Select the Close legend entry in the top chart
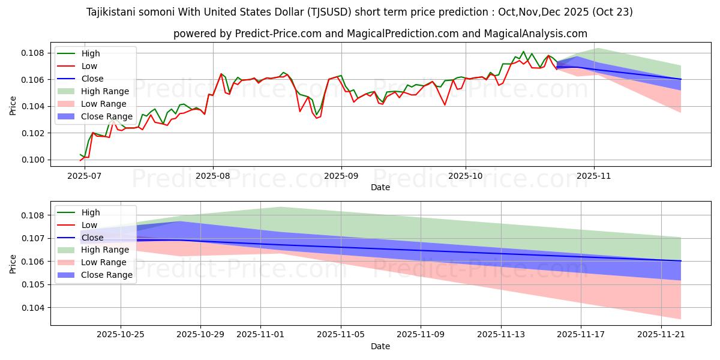(92, 79)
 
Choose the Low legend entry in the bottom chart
(89, 225)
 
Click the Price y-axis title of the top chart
(13, 105)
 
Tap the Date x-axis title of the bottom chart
(380, 346)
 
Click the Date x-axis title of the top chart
(380, 187)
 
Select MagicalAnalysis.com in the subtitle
(538, 34)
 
